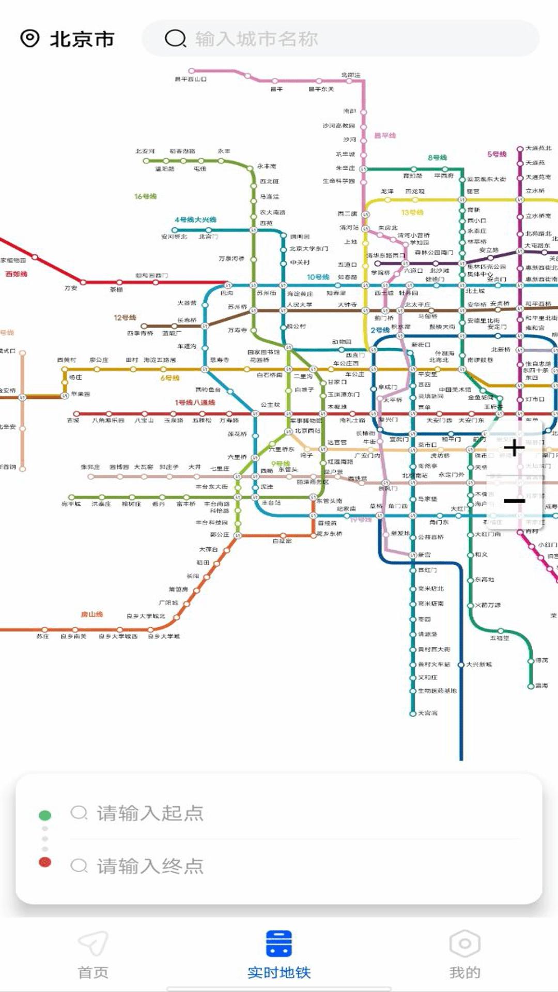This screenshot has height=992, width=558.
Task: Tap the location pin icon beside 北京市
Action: pos(29,38)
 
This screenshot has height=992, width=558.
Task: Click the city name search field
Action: pos(341,38)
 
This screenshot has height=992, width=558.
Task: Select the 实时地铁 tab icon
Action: pos(279,943)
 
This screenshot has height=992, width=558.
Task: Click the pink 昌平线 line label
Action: pos(385,135)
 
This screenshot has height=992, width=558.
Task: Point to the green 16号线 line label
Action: pos(145,196)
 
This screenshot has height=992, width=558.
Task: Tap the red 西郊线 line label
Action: pos(16,274)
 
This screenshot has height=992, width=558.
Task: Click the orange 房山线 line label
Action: pos(92,614)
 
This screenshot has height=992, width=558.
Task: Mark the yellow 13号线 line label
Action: pos(412,212)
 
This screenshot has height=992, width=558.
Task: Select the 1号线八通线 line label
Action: pos(195,402)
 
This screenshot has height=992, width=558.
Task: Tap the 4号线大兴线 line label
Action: pos(195,220)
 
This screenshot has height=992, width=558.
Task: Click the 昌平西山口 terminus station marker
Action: pos(192,71)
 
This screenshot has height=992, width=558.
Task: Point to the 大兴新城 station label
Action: pos(479,664)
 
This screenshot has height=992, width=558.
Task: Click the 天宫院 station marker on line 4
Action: pos(413,714)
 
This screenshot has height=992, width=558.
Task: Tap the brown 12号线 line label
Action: pos(125,317)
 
